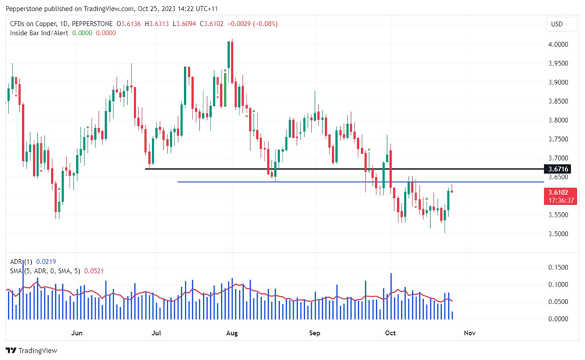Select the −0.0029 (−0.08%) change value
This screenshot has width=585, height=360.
[251, 23]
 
